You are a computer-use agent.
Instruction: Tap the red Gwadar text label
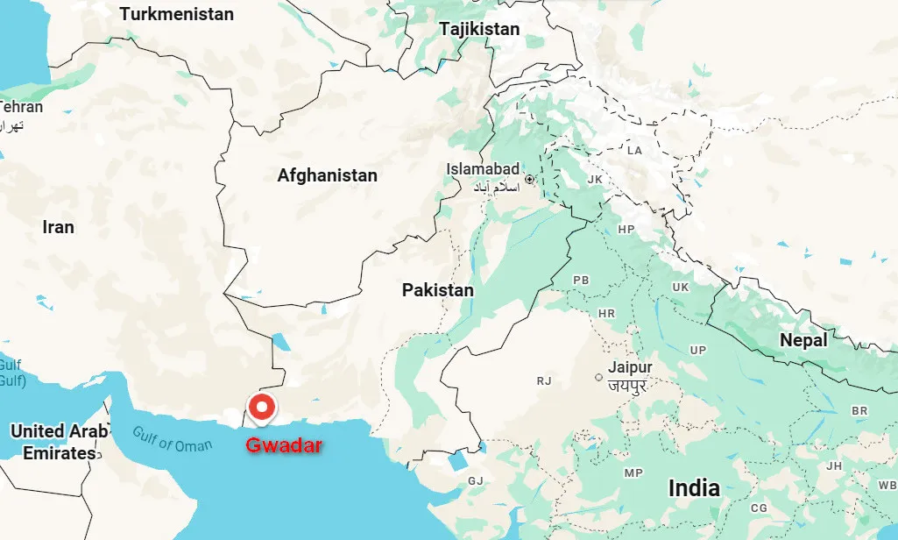[x=284, y=445]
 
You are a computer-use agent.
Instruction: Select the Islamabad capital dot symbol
[x=529, y=180]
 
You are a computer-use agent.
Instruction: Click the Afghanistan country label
[x=327, y=175]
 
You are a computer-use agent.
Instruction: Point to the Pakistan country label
[x=437, y=289]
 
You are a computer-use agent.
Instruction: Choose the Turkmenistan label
[x=177, y=14]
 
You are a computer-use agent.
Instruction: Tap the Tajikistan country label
[x=479, y=29]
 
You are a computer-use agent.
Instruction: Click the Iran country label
[x=59, y=227]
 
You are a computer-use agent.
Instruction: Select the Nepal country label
[x=803, y=340]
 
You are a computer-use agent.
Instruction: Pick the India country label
[x=694, y=488]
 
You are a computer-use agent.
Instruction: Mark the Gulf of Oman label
[x=173, y=438]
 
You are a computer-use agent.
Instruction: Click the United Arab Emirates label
[x=59, y=442]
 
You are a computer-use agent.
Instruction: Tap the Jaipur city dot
[x=599, y=378]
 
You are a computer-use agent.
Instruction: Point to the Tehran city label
[x=21, y=107]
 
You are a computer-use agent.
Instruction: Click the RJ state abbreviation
[x=544, y=381]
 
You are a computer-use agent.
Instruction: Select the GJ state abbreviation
[x=476, y=480]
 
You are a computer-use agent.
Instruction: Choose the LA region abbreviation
[x=634, y=151]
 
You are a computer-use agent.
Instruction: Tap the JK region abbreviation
[x=595, y=179]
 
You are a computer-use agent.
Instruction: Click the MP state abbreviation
[x=633, y=473]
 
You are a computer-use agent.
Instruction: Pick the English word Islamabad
[x=483, y=168]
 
